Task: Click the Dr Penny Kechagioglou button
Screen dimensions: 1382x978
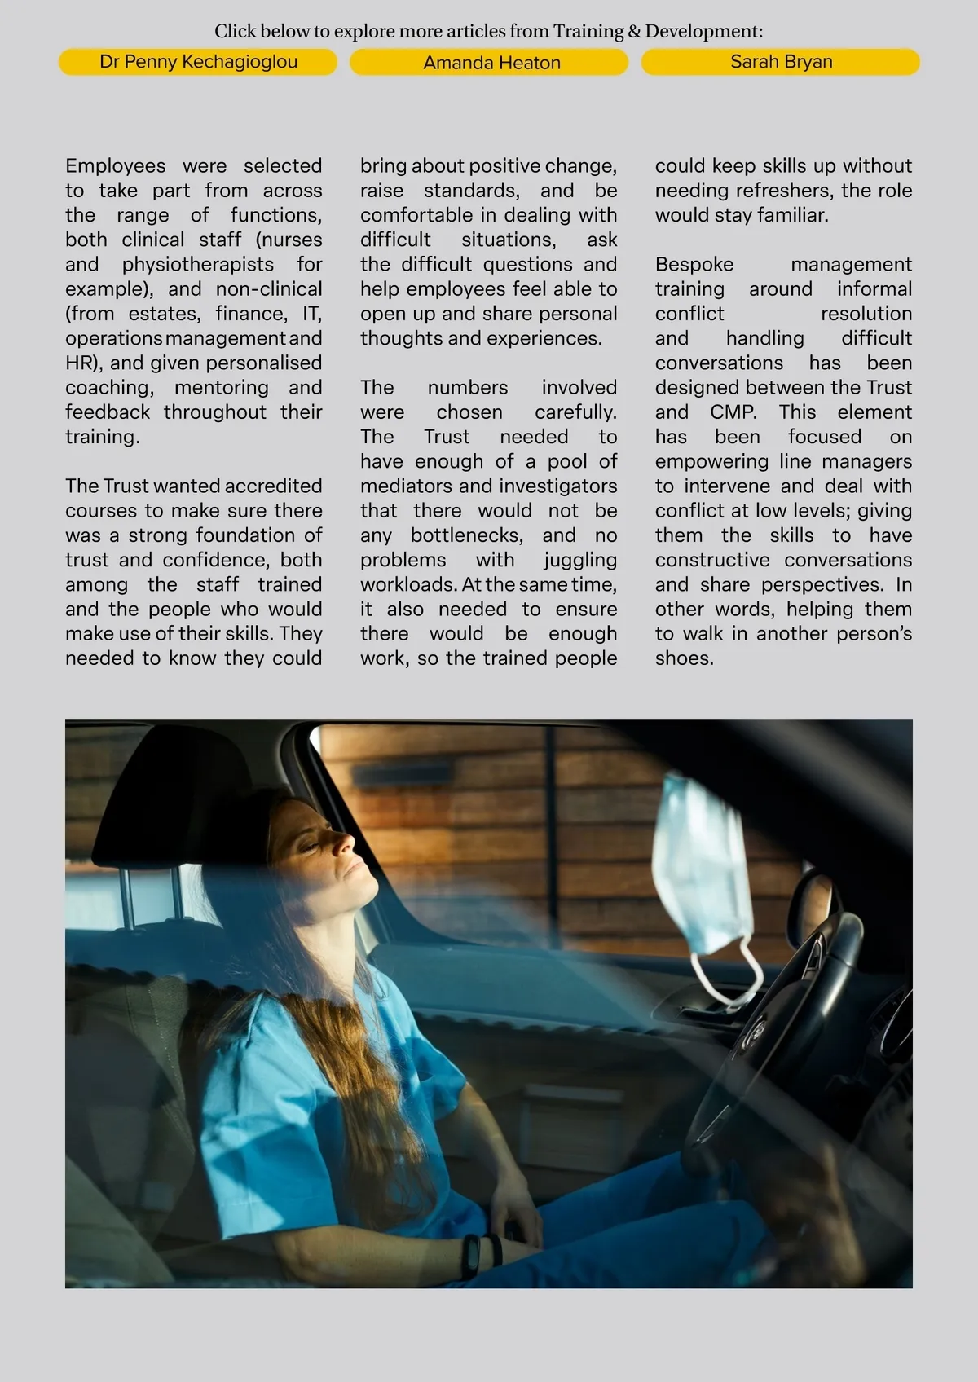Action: click(198, 62)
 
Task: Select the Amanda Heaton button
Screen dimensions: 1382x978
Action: click(491, 63)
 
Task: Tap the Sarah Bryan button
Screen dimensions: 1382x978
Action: click(781, 62)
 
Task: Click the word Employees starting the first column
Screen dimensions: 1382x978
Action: click(115, 166)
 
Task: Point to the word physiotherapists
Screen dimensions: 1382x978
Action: click(198, 265)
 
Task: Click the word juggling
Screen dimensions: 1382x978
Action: click(580, 560)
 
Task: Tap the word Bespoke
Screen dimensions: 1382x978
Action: click(694, 265)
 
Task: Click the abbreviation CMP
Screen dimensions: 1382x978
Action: click(733, 412)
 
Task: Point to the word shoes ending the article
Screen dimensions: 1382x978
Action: click(684, 658)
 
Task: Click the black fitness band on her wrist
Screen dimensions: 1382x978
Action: click(470, 1256)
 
